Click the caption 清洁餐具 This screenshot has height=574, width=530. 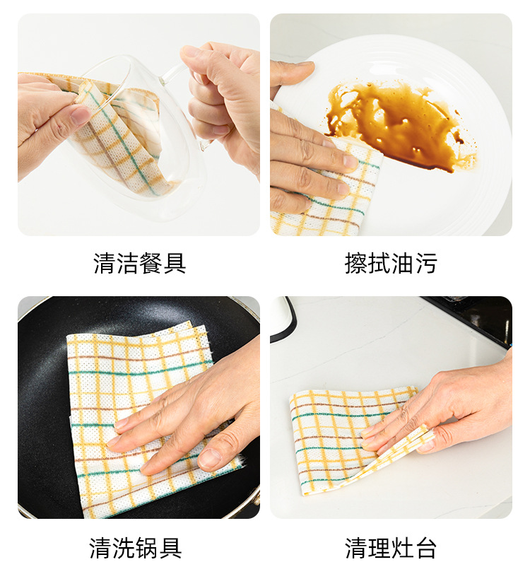(140, 263)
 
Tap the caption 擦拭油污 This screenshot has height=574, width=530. (391, 263)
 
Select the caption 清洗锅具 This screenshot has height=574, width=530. (136, 548)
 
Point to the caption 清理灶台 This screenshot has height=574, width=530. (391, 548)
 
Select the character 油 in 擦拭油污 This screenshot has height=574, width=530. (402, 263)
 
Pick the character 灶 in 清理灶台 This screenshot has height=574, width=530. (402, 548)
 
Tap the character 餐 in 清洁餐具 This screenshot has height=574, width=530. (151, 263)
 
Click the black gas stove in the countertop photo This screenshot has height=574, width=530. (472, 318)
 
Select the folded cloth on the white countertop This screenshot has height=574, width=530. (351, 439)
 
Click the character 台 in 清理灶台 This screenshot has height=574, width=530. (425, 548)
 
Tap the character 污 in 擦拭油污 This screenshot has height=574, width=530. (425, 263)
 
